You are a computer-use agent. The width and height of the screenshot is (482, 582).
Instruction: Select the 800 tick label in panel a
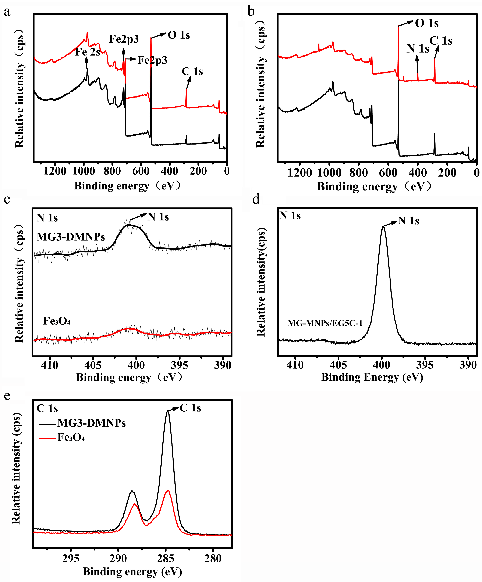[x=112, y=171]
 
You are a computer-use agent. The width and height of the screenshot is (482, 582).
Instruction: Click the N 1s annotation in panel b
[x=418, y=49]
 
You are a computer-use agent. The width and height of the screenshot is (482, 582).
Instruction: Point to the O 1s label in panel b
[x=427, y=23]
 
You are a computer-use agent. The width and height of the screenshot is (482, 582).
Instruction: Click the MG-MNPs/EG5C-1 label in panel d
[x=325, y=323]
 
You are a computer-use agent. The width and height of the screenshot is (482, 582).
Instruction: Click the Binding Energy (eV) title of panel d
[x=372, y=377]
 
